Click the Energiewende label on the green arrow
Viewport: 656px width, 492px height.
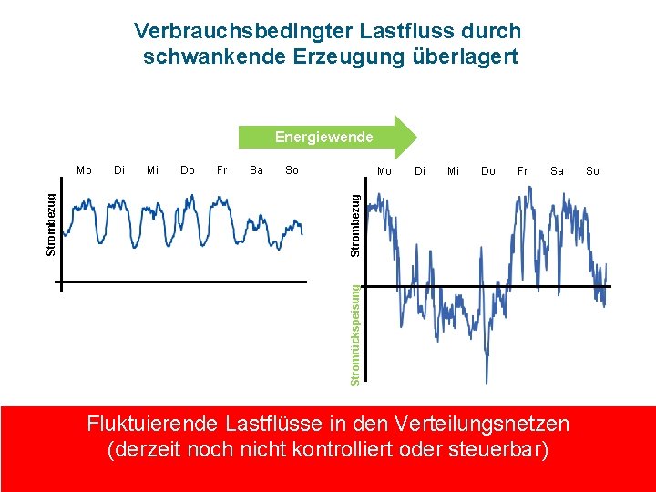pos(324,138)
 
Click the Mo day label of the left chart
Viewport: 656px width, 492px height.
pos(84,170)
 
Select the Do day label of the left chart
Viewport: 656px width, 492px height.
pos(188,170)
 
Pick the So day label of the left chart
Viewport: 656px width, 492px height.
pos(292,170)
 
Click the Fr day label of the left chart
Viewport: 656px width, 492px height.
pos(221,170)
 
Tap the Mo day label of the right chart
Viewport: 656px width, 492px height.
pos(384,171)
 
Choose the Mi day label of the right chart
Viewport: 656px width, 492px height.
pos(453,171)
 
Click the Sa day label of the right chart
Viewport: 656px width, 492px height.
pos(557,171)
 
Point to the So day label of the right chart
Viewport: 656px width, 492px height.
pos(592,171)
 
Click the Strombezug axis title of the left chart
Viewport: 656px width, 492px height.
pos(53,221)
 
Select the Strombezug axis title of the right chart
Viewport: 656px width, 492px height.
pos(358,221)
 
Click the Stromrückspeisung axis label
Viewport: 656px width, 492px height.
pos(358,333)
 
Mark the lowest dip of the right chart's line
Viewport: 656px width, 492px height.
pos(487,382)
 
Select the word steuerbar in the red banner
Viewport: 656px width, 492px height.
pos(497,451)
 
